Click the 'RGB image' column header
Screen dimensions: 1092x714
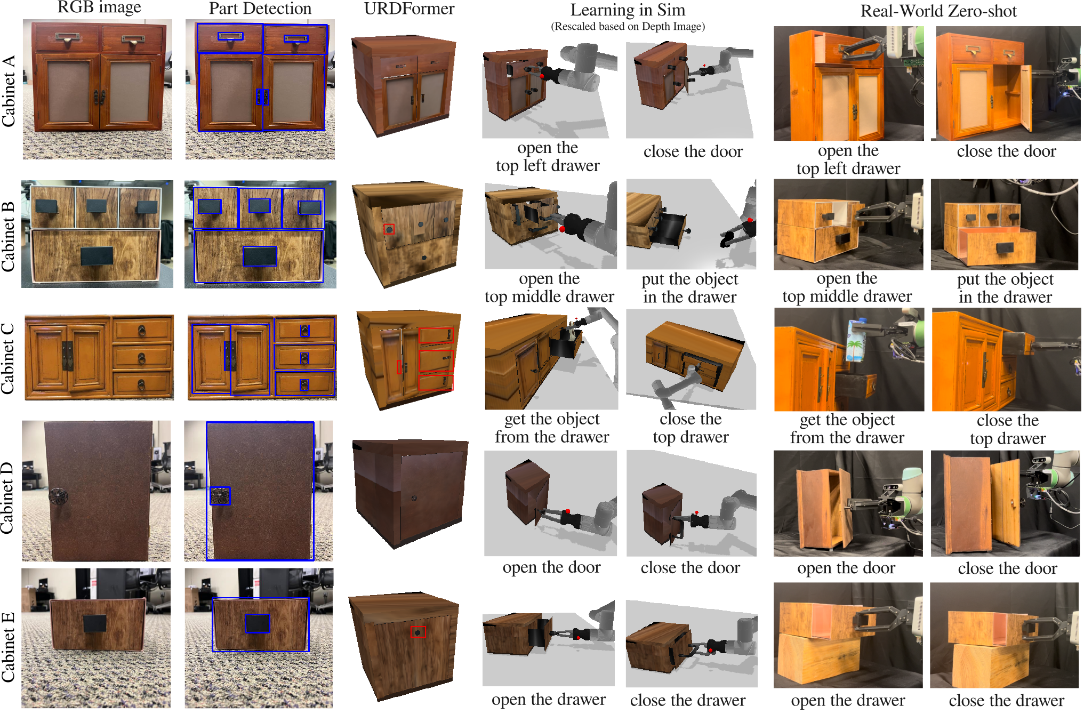click(x=99, y=7)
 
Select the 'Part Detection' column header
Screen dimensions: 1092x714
click(x=260, y=9)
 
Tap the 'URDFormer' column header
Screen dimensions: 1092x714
click(x=409, y=9)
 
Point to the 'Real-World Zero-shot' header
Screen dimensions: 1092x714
click(x=938, y=11)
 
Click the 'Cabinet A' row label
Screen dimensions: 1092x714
click(x=9, y=91)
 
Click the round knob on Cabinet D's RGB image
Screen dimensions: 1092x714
click(x=58, y=496)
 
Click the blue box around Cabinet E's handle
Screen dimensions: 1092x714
click(x=258, y=623)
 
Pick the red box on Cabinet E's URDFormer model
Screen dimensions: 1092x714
click(x=418, y=632)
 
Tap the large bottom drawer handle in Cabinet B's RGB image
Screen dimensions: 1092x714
click(x=97, y=255)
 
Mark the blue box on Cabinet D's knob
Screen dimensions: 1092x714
click(x=220, y=496)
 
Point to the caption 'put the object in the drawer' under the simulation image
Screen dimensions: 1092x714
click(x=690, y=288)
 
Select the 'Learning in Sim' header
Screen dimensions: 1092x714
click(x=628, y=10)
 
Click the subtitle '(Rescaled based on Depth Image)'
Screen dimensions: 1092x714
click(x=628, y=27)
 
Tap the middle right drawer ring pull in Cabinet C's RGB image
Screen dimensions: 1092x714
click(x=142, y=358)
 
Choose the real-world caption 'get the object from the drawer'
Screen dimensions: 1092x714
click(x=847, y=429)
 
